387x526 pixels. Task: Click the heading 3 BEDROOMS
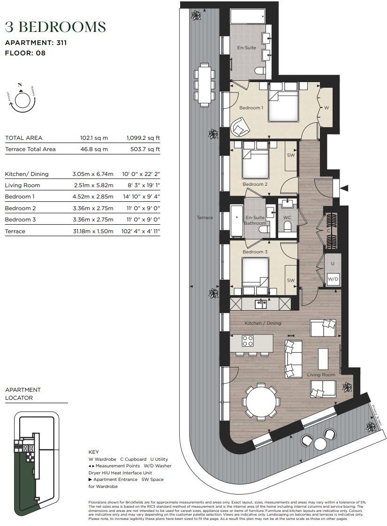(x=55, y=26)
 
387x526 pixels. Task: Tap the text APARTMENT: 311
(x=36, y=43)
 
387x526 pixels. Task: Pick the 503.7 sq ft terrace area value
(x=143, y=149)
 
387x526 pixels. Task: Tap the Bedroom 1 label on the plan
(x=251, y=108)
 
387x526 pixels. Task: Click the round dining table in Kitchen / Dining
(x=261, y=401)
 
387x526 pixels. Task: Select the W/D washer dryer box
(x=333, y=279)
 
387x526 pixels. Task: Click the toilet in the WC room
(x=287, y=227)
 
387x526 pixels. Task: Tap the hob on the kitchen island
(x=248, y=340)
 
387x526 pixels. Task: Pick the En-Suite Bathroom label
(x=256, y=220)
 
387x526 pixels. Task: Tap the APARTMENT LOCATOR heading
(x=23, y=394)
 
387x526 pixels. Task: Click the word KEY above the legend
(x=94, y=452)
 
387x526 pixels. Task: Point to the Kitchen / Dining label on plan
(x=263, y=323)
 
